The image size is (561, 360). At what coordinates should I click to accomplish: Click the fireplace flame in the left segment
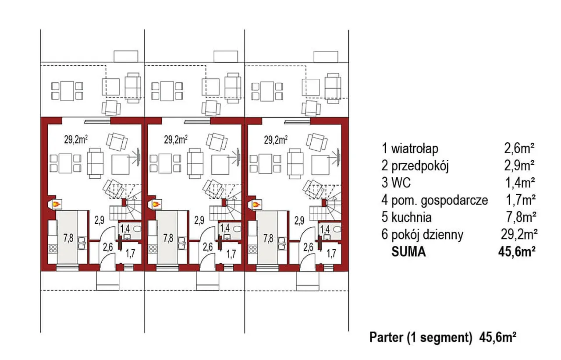(x=57, y=205)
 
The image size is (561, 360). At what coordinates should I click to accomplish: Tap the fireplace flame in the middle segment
(x=157, y=205)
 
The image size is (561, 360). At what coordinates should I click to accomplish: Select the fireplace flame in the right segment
(x=257, y=205)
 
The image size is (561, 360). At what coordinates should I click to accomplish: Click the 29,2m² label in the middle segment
(x=176, y=140)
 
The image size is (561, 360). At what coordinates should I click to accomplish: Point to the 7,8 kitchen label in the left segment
(x=68, y=238)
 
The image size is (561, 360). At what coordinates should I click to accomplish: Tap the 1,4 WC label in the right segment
(x=325, y=229)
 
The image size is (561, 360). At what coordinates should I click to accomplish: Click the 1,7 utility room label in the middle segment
(x=231, y=254)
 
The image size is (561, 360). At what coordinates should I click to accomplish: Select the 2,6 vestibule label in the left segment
(x=108, y=247)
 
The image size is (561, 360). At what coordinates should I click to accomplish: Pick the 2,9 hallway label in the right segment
(x=299, y=220)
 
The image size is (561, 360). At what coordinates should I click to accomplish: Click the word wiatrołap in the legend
(x=415, y=148)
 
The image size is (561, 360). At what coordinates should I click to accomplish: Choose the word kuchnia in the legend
(x=412, y=217)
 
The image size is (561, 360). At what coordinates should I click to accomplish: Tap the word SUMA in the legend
(x=408, y=251)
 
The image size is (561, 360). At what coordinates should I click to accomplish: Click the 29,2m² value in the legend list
(x=519, y=234)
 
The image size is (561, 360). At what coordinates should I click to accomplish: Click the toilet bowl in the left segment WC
(x=137, y=229)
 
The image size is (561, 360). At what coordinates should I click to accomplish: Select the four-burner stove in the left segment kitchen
(x=53, y=249)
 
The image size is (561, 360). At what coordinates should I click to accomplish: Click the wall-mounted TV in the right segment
(x=338, y=157)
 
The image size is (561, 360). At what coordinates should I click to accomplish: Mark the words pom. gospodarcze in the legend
(x=440, y=200)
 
